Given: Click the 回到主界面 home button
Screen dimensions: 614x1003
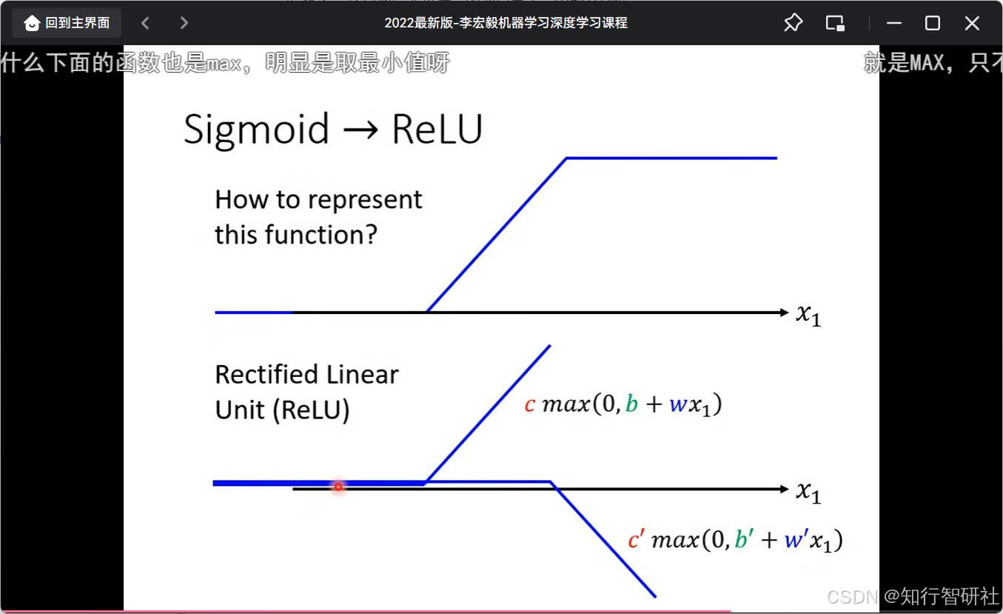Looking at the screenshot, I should coord(67,23).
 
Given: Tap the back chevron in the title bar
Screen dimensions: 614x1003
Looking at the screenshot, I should coord(146,23).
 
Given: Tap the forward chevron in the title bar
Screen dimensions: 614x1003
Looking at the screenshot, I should coord(184,23).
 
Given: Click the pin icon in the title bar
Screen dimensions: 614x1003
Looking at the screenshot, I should coord(793,23).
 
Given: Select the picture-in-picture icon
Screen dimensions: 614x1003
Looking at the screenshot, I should coord(835,23).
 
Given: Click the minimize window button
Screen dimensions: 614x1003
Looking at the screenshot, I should coord(893,23).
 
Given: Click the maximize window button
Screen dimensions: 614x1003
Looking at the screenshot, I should coord(933,23).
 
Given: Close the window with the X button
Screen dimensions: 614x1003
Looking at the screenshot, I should coord(972,23).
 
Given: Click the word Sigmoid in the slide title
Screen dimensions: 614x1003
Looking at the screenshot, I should coord(256,130).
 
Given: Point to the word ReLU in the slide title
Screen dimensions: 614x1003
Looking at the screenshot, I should coord(437,130).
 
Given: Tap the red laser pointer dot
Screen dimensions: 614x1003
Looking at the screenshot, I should coord(338,487).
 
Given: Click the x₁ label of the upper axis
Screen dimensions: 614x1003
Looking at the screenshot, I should coord(808,314).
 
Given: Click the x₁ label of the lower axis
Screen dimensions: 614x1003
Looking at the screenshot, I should coord(808,491).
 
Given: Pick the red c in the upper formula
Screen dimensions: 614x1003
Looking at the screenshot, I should coord(529,405).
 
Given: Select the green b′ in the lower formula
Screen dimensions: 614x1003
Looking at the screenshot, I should coord(742,540).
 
